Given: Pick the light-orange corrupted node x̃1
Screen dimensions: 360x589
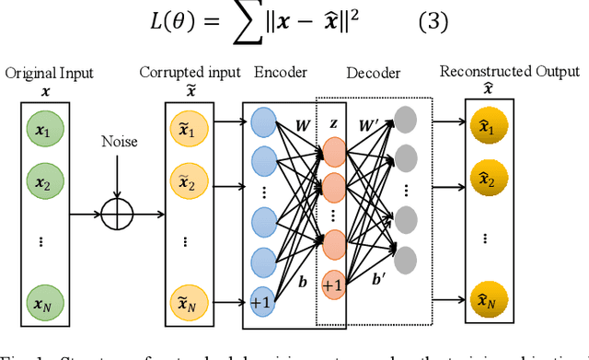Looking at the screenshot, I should point(186,128).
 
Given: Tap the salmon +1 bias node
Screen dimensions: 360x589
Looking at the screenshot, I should point(332,285).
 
